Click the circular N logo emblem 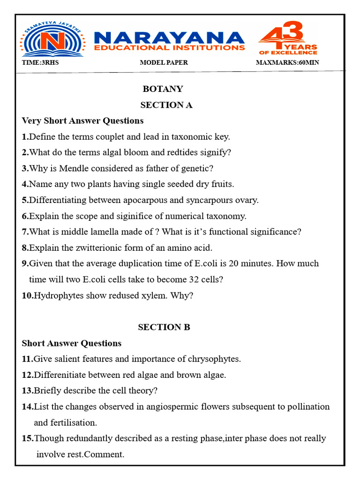(x=52, y=42)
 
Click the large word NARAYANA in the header (x=169, y=37)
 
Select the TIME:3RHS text (x=40, y=63)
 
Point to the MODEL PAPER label (x=164, y=63)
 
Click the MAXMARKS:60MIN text (x=288, y=63)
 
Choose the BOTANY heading (x=163, y=89)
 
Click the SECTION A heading (x=166, y=105)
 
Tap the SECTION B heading (x=164, y=327)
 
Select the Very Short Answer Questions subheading (x=82, y=120)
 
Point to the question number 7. (x=25, y=232)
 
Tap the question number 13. (x=28, y=391)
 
